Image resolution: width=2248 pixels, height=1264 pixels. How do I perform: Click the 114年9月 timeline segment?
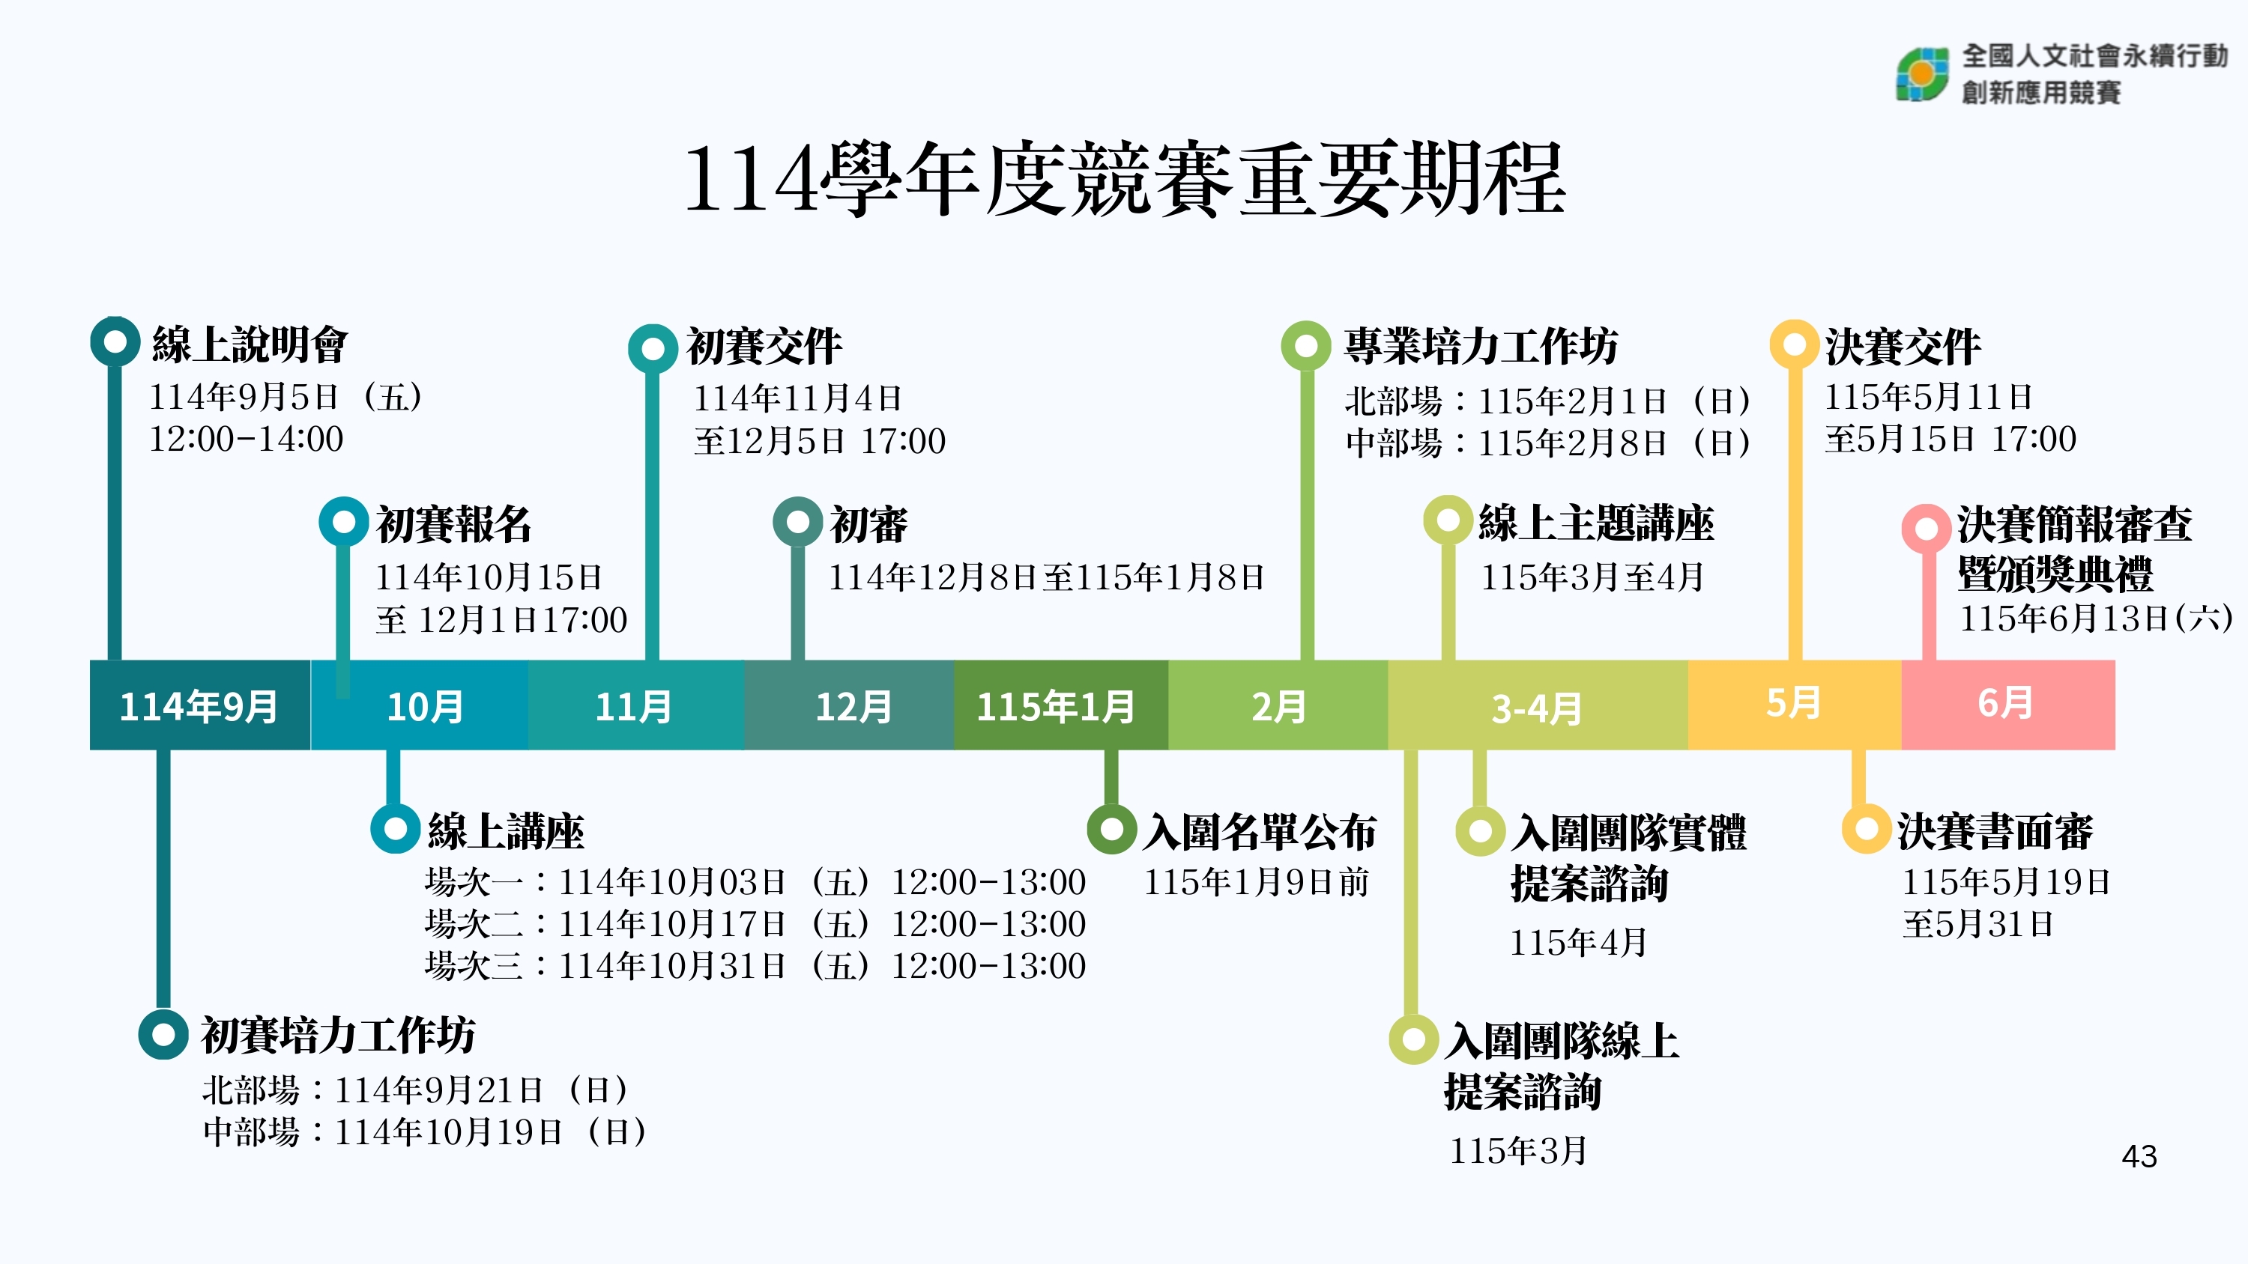199,705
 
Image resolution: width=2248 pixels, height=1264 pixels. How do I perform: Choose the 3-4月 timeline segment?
1537,707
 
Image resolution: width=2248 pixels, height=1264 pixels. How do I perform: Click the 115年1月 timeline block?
1057,705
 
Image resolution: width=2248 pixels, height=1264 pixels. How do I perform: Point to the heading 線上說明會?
250,344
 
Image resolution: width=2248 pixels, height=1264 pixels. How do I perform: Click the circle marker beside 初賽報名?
344,522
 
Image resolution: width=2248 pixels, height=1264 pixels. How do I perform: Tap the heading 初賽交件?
764,346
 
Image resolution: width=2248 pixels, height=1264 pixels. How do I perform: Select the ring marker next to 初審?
797,522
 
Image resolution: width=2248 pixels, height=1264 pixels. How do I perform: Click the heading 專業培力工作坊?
1481,345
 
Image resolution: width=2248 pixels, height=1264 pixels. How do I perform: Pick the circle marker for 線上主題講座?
1448,520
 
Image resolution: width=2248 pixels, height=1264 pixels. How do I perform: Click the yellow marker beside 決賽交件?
1794,344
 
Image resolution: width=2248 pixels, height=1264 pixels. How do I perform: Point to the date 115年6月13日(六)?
2094,619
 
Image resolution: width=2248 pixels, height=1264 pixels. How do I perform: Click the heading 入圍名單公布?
1260,831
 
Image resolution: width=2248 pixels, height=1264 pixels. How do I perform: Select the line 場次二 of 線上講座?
755,924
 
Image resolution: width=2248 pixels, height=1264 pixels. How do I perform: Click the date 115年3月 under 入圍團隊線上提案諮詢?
1518,1151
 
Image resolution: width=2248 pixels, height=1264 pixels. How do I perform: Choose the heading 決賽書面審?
1995,830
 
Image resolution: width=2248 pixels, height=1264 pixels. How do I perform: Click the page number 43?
2139,1156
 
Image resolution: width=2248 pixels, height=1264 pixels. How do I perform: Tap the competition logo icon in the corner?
1921,74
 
